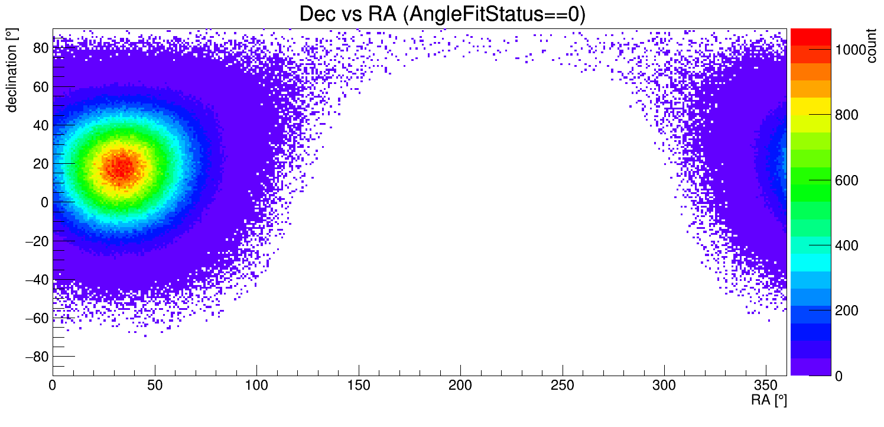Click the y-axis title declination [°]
pyautogui.click(x=11, y=72)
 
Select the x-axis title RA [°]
pyautogui.click(x=769, y=400)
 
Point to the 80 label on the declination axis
pyautogui.click(x=40, y=48)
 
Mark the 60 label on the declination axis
pyautogui.click(x=40, y=86)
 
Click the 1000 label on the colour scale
pyautogui.click(x=850, y=50)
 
